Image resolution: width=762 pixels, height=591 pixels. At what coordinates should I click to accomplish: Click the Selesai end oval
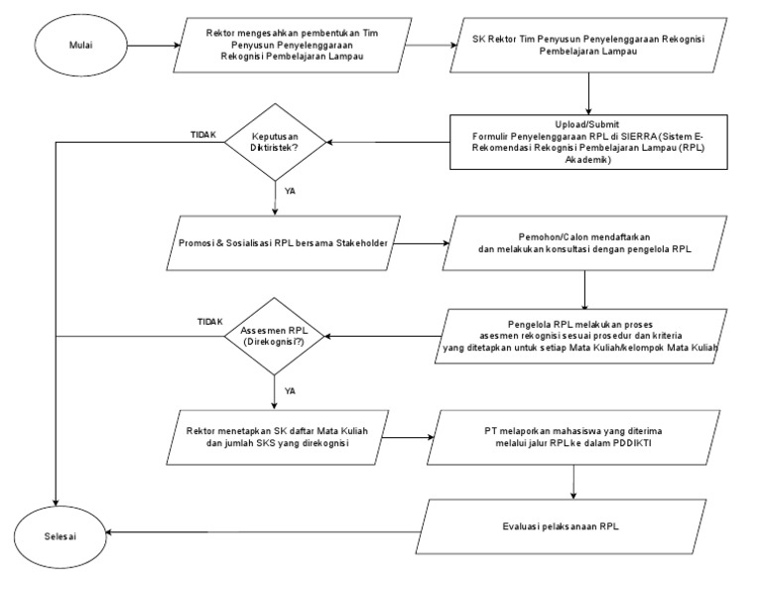[x=59, y=534]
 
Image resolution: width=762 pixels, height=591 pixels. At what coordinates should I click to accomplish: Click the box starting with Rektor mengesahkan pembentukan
[x=294, y=45]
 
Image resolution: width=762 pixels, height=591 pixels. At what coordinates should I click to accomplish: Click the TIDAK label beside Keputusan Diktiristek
[x=203, y=134]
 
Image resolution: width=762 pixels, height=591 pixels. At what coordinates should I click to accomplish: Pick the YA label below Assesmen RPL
[x=291, y=391]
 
